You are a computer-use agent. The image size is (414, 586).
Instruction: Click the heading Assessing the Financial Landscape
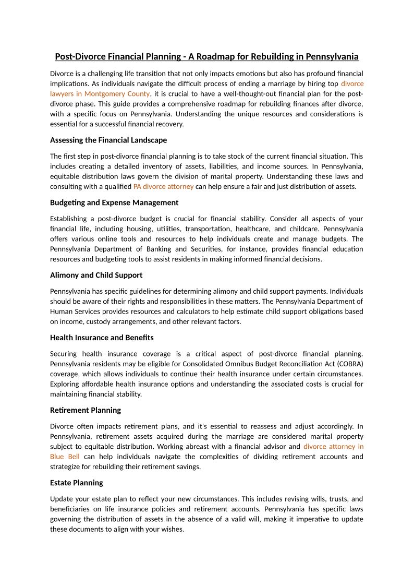click(108, 140)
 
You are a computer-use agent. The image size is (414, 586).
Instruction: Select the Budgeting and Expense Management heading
click(114, 202)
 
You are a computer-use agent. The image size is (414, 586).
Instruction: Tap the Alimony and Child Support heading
click(96, 275)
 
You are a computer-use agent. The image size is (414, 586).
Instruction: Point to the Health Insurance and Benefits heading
click(102, 338)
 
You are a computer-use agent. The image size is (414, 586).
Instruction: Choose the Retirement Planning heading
click(86, 410)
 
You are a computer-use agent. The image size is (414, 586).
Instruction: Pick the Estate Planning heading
click(77, 483)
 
